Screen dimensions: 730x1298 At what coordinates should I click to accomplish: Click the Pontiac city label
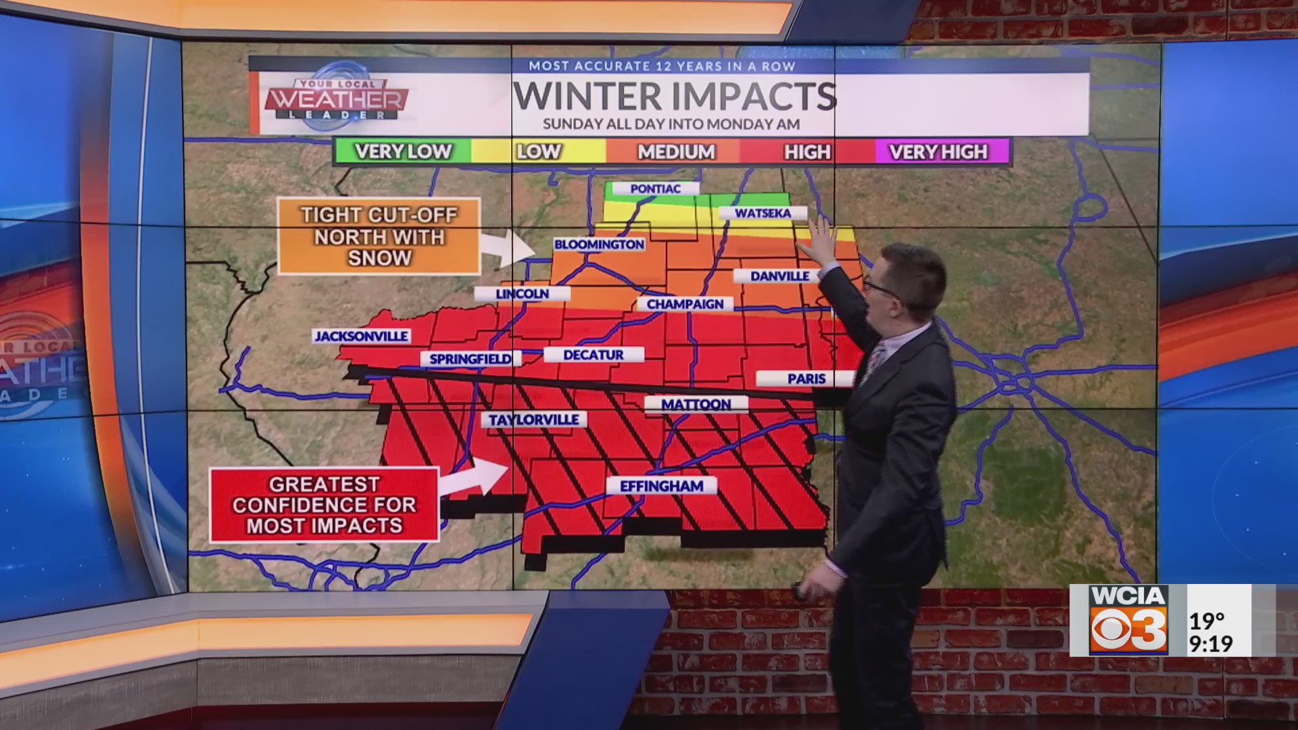coord(654,189)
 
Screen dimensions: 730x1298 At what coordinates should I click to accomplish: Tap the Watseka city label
coord(763,213)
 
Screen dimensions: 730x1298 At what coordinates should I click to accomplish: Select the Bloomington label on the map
coord(599,244)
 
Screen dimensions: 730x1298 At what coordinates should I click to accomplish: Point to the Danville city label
coord(779,276)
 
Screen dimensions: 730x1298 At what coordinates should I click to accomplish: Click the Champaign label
coord(684,304)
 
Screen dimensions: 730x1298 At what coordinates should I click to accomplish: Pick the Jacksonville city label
coord(362,336)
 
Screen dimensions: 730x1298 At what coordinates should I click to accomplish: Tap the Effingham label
coord(661,486)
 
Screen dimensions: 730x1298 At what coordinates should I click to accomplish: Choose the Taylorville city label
coord(533,420)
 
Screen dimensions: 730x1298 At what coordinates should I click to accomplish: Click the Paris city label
coord(806,379)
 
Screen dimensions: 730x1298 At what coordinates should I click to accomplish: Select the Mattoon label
coord(696,404)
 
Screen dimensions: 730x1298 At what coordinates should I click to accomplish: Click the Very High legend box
coord(939,152)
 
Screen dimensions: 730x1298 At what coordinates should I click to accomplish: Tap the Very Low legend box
coord(403,151)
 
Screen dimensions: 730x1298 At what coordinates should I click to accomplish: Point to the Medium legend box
coord(675,152)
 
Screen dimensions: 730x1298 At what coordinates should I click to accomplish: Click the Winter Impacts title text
coord(674,96)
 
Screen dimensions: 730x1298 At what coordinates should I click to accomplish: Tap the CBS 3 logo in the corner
coord(1128,620)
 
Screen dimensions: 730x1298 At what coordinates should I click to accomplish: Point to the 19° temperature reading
coord(1207,620)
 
